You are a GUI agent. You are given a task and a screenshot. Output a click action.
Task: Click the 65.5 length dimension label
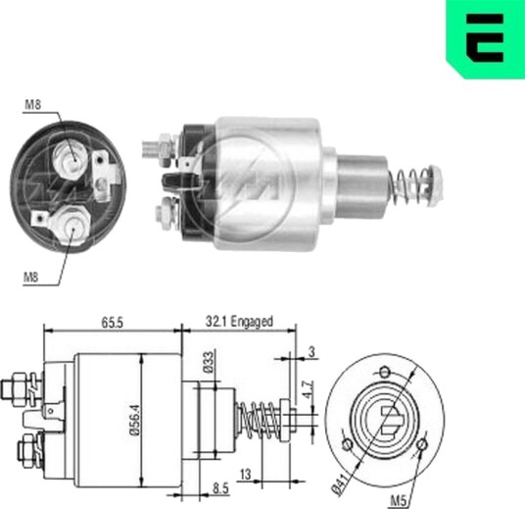[113, 323]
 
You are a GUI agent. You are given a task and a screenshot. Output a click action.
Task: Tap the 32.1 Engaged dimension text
[239, 322]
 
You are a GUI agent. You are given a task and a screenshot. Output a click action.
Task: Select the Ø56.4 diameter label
[134, 420]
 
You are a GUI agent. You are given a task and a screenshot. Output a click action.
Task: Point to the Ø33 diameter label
[209, 362]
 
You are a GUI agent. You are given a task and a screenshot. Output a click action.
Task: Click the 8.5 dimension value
[220, 488]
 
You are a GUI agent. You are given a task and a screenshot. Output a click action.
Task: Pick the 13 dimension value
[246, 474]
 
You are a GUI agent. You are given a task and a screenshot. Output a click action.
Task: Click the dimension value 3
[311, 352]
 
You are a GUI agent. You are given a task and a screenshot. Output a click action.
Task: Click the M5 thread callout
[399, 501]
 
